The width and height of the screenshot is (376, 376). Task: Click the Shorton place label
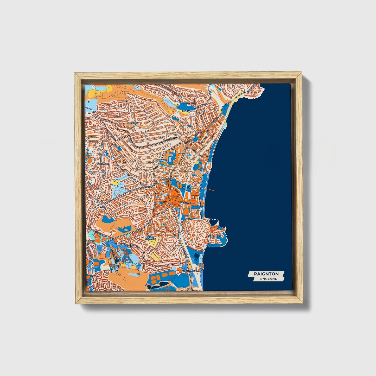pos(132,123)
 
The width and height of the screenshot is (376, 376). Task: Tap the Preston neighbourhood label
pos(187,111)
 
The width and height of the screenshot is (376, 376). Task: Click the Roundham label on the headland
pos(213,236)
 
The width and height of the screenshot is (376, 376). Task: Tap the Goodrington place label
pos(190,271)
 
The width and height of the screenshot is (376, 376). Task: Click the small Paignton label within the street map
pos(188,188)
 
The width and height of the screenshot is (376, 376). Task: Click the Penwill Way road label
pos(124,245)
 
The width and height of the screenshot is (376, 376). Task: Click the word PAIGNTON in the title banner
pos(266,274)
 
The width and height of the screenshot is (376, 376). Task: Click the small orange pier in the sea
pos(211,190)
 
